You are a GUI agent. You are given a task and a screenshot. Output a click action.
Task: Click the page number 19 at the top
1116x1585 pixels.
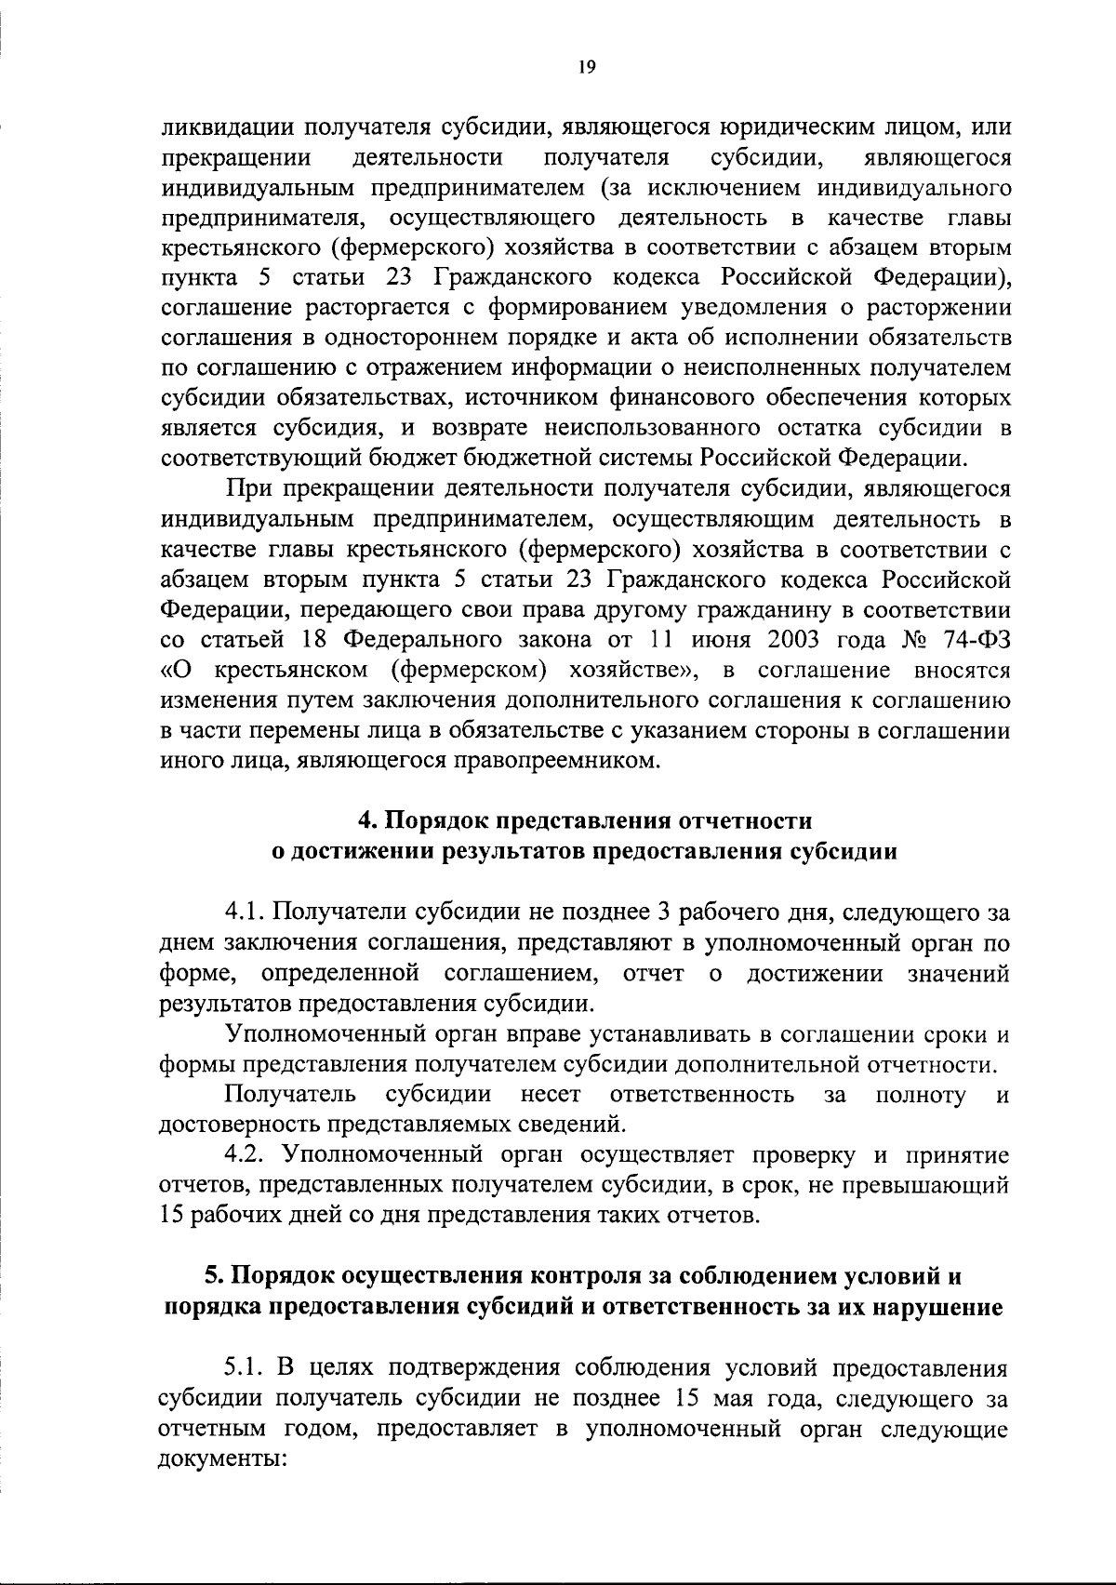(x=586, y=66)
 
